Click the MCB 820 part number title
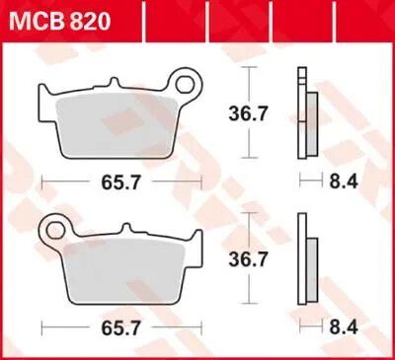point(60,22)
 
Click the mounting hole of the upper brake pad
point(185,85)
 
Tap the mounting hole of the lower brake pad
point(55,231)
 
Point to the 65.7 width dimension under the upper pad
point(121,182)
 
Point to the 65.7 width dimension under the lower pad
point(121,328)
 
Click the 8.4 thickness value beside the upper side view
point(344,181)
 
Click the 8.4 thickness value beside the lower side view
point(344,327)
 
